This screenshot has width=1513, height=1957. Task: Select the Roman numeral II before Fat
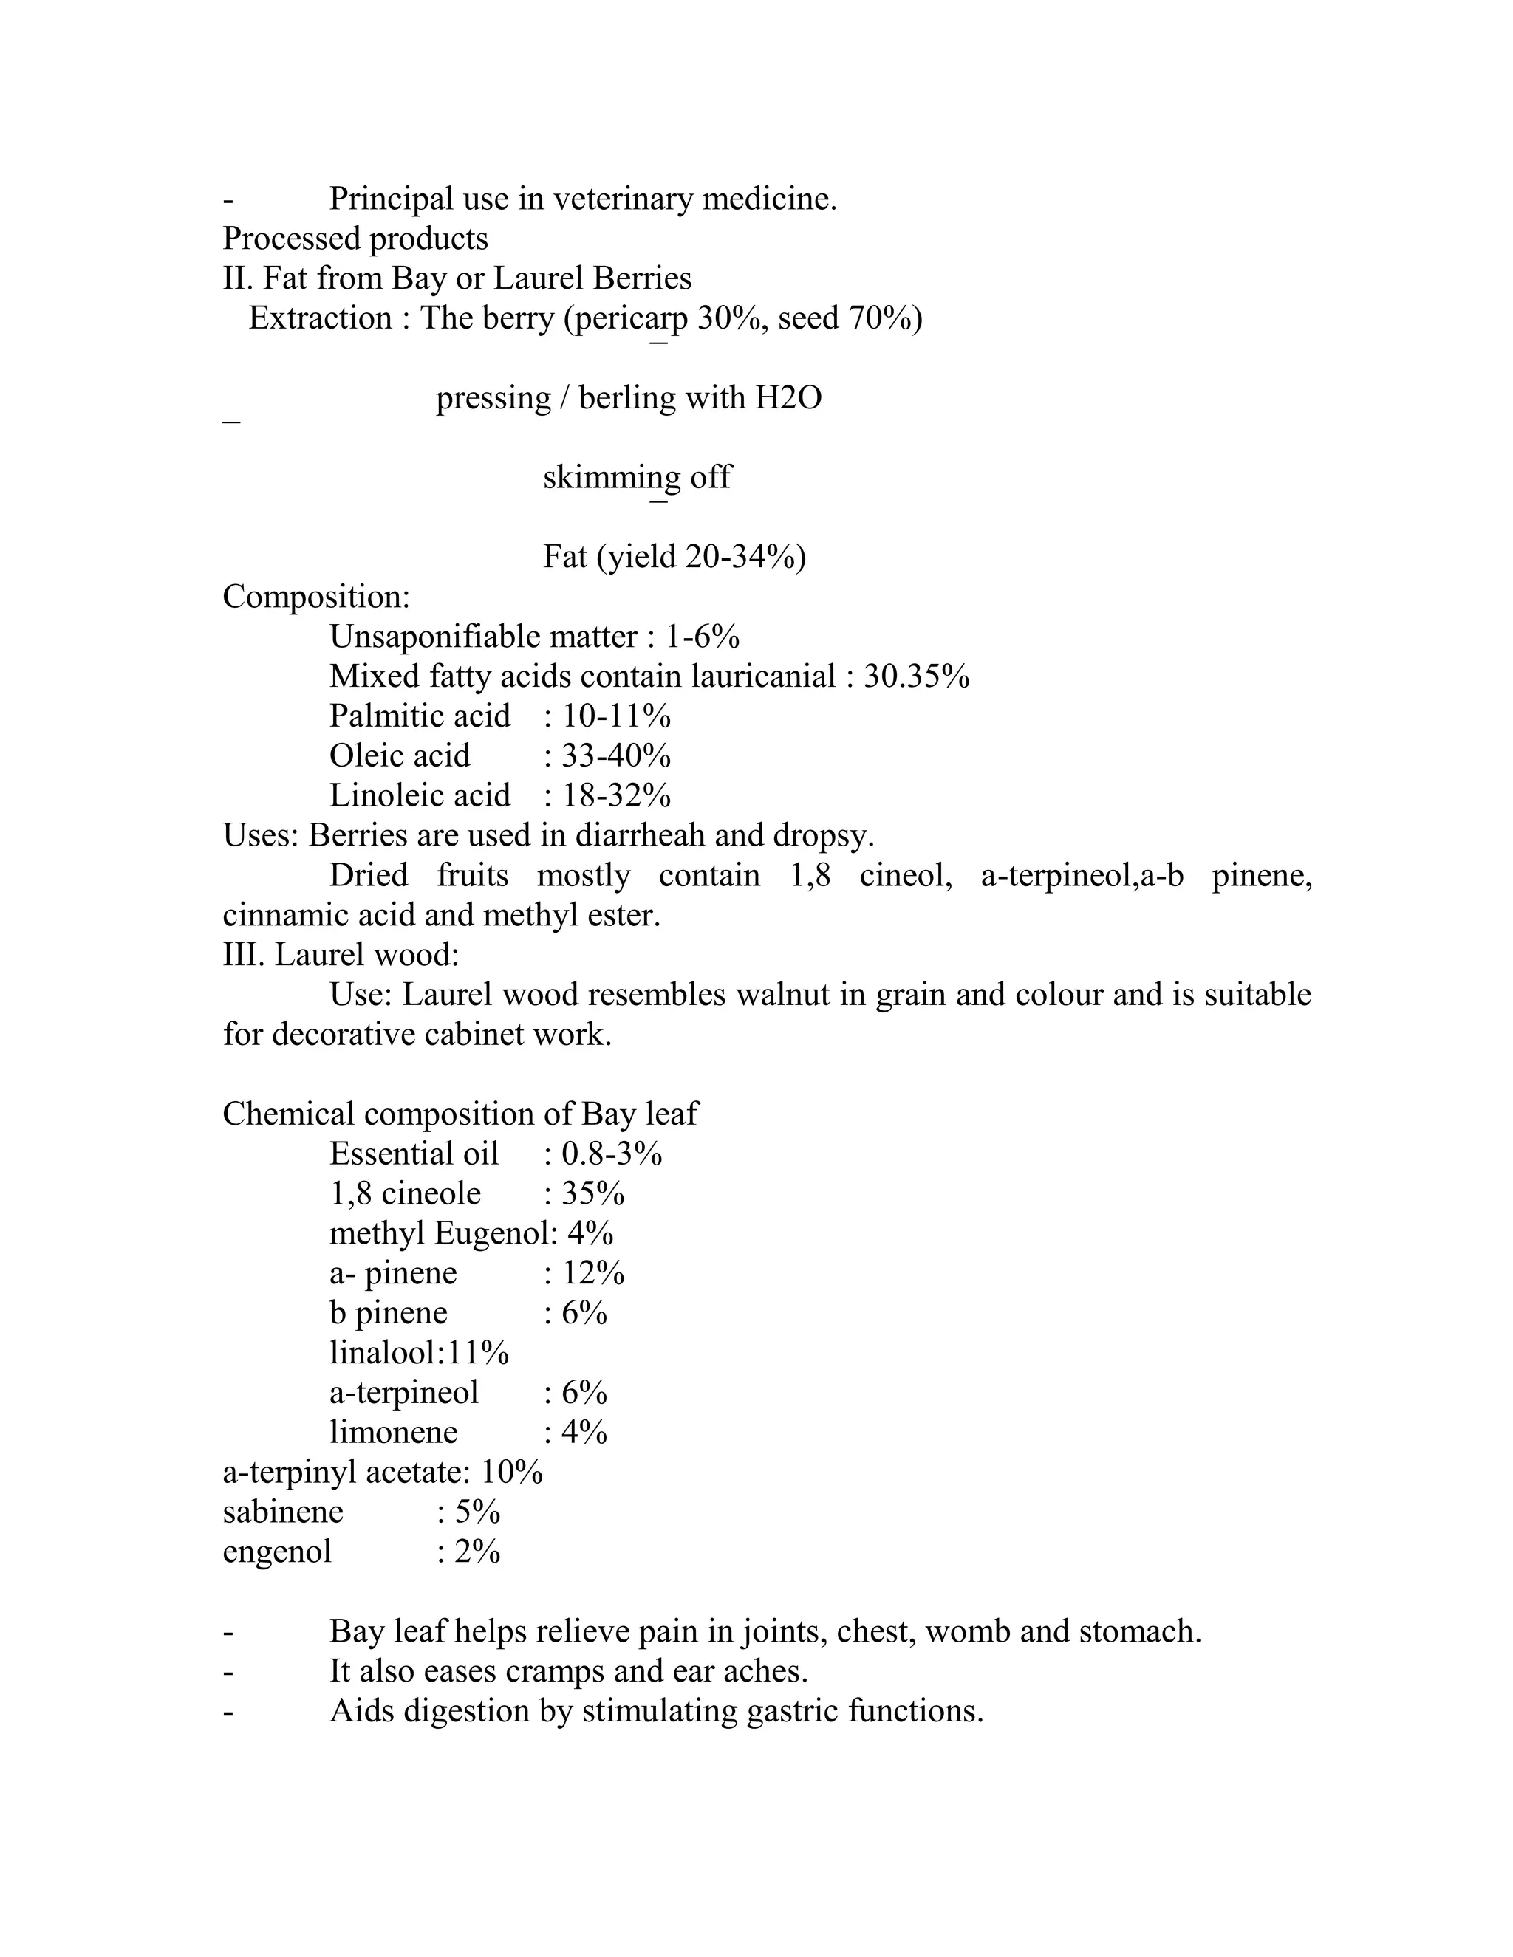238,278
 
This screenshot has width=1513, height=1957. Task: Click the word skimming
611,478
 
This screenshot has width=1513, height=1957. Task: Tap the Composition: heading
316,597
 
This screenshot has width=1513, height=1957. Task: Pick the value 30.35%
916,676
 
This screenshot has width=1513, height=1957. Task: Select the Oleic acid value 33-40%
617,756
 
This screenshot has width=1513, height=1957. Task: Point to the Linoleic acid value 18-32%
617,795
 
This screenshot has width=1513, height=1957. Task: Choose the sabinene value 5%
478,1512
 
